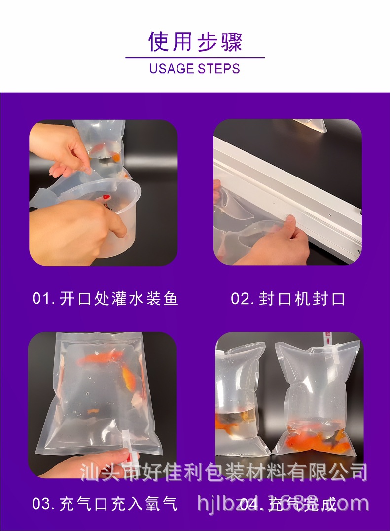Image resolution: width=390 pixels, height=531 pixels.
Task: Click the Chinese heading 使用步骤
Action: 195,41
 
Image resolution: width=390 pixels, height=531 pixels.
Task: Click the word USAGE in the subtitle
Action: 172,69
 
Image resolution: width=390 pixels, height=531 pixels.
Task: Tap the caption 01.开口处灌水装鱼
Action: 105,299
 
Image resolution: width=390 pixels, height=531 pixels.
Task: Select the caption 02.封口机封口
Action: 288,299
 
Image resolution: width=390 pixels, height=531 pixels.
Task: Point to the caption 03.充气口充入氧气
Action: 105,504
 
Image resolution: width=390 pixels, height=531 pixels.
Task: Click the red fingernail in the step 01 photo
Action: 106,197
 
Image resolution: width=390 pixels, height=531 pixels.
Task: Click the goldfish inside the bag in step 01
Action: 115,156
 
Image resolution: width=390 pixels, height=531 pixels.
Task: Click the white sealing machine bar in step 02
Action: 296,187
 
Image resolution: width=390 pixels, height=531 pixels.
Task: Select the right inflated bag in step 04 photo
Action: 316,399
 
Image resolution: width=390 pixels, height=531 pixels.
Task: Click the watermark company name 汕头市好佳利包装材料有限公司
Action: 224,472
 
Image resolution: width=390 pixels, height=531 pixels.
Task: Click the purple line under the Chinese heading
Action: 195,58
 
